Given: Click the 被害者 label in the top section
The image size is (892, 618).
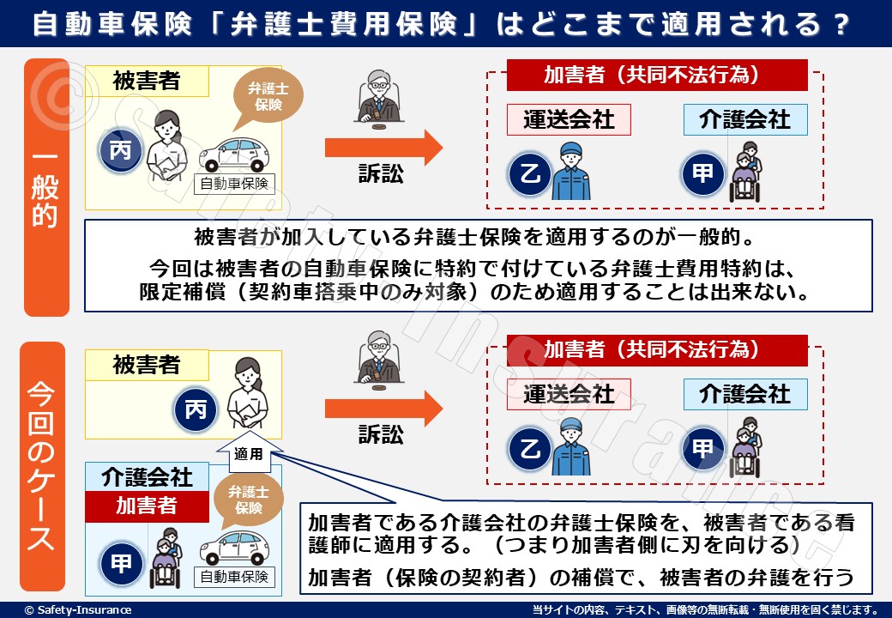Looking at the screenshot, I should pos(147,81).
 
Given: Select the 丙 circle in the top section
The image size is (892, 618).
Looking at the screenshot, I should pos(121,152).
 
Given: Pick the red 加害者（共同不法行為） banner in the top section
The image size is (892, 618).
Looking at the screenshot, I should pos(657,75).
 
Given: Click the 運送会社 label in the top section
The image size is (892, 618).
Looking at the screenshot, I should pos(569,119).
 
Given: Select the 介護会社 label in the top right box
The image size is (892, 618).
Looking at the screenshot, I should pos(744,118).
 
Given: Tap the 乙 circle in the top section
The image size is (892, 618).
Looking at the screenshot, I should pos(528,174).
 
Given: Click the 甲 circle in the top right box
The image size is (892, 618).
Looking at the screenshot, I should pos(702,174).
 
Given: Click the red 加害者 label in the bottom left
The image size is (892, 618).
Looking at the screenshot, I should pos(147,506).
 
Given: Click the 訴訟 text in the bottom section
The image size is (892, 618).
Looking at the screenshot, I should pos(381,434).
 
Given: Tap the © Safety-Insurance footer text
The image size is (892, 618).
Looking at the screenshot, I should pos(78,609).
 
